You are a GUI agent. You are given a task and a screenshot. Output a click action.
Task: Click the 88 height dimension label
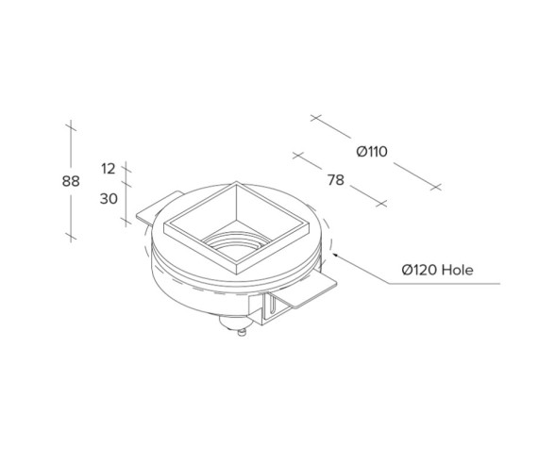(71, 181)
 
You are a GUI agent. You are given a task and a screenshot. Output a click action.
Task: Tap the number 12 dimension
(108, 169)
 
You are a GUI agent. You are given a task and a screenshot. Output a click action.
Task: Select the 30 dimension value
(108, 199)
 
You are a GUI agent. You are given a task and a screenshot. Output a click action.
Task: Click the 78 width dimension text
(334, 181)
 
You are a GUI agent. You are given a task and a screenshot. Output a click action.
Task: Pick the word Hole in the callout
(456, 271)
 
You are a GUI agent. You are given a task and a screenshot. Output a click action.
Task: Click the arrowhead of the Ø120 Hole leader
(333, 254)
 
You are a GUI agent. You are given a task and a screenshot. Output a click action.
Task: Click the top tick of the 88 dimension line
(71, 124)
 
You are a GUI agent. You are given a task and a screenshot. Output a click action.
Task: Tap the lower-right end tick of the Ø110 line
(435, 188)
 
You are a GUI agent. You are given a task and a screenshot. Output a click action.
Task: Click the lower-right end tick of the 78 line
(381, 203)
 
